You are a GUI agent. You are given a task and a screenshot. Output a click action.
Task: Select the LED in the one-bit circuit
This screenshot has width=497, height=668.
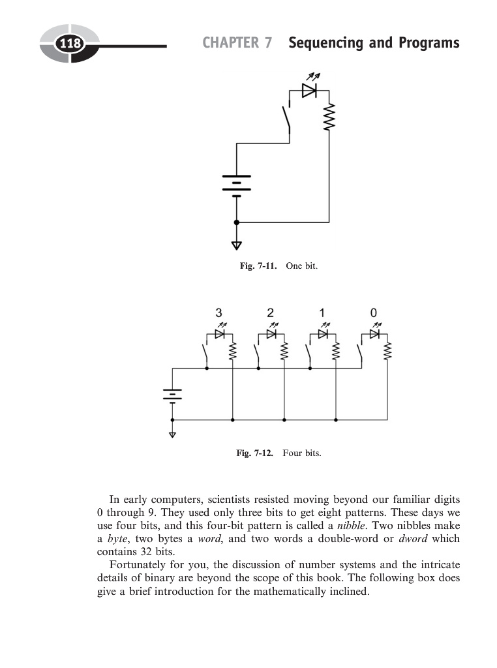309,90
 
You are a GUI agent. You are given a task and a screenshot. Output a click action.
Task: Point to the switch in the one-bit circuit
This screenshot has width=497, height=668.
286,120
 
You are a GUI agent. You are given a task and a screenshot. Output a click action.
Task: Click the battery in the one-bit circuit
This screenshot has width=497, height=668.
236,184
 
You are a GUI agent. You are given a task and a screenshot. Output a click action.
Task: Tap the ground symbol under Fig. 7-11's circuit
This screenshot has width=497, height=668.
236,245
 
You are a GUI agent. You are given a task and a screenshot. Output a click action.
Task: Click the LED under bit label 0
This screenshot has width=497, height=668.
374,334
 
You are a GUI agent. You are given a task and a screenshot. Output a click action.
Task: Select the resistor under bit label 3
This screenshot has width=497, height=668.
232,352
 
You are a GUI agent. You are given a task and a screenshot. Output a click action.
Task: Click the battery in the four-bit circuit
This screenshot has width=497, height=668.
172,394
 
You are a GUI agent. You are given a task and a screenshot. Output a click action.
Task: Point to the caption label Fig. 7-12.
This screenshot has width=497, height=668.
255,453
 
